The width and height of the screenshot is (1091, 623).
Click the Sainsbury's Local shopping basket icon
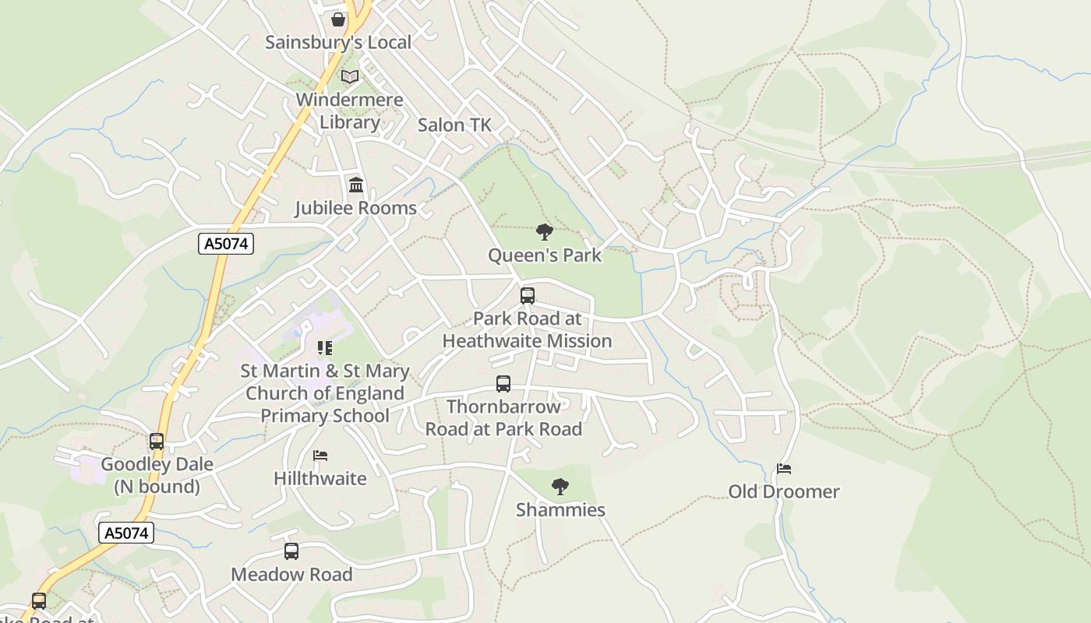pos(338,19)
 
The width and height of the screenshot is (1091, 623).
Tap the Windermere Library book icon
pos(350,77)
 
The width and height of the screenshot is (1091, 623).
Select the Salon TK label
pos(454,125)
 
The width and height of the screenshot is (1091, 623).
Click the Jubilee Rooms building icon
pos(356,185)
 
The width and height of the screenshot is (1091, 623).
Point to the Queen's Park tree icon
pos(545,231)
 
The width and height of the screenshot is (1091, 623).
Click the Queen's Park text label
pos(545,255)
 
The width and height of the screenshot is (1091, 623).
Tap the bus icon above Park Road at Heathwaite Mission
pos(528,296)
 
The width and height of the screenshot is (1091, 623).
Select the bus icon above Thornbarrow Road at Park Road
pos(503,384)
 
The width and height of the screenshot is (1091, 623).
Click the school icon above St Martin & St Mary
pos(324,348)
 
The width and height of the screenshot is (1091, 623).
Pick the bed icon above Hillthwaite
pos(320,456)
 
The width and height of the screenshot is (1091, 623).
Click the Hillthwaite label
pos(320,478)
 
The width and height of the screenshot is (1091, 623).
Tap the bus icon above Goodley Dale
pos(157,442)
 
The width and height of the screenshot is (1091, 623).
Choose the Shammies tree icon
pos(560,487)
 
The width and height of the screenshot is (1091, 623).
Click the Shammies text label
pos(560,510)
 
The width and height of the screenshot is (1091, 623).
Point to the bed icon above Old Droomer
pos(784,469)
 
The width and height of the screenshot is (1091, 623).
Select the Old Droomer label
pos(784,491)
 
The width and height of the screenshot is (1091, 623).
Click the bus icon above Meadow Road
pos(291,551)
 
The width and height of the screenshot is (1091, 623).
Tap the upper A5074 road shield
pos(226,244)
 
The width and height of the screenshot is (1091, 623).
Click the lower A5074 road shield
pos(126,533)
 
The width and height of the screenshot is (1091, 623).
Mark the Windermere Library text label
pos(350,111)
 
